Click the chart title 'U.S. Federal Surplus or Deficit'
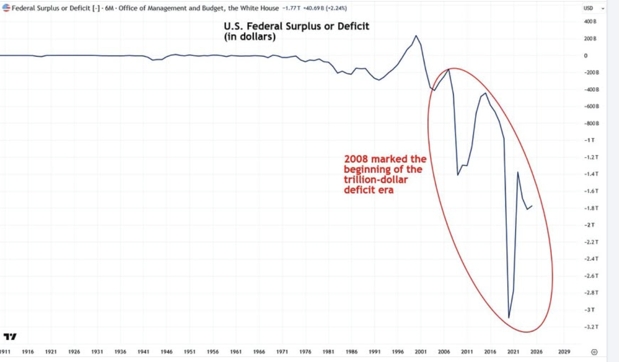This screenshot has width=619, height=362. (x=296, y=26)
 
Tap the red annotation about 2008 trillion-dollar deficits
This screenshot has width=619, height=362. (x=385, y=174)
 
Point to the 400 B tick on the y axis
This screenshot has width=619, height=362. (x=590, y=21)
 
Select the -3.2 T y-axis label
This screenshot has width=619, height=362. (x=591, y=327)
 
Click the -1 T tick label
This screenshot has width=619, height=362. (x=589, y=140)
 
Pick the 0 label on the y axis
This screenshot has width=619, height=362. (x=586, y=56)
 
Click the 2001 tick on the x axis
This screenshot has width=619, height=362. (x=420, y=352)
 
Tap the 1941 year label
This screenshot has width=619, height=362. (x=143, y=352)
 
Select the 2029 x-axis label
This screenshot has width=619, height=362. (x=564, y=352)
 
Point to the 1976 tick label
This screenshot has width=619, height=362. (x=305, y=352)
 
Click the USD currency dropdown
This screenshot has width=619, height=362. (x=594, y=8)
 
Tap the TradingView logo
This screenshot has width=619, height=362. (x=10, y=337)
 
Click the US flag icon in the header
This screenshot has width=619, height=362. (x=6, y=8)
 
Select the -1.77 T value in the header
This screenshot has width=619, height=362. (x=291, y=8)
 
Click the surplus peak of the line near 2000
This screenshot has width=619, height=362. (x=416, y=36)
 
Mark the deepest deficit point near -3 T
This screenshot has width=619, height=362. (x=509, y=318)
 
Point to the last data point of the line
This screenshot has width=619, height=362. (x=532, y=206)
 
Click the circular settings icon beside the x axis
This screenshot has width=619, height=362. (x=594, y=352)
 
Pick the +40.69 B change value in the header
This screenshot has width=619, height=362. (x=313, y=8)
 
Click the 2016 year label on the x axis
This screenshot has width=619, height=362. (x=490, y=352)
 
